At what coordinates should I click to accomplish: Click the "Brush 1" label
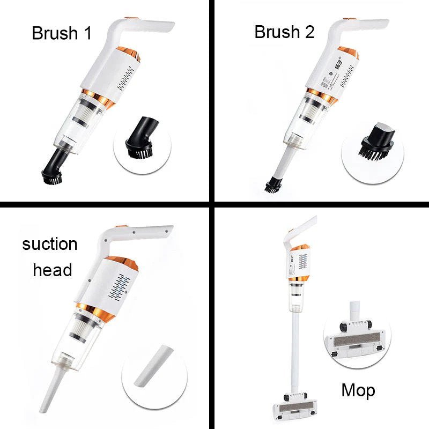coord(62,33)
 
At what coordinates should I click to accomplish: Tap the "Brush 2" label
coord(284,32)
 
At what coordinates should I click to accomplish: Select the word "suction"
coord(50,245)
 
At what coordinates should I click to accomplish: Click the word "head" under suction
coord(53,270)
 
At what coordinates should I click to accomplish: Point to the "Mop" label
coord(358,390)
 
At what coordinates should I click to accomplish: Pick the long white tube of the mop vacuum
coord(294,349)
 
